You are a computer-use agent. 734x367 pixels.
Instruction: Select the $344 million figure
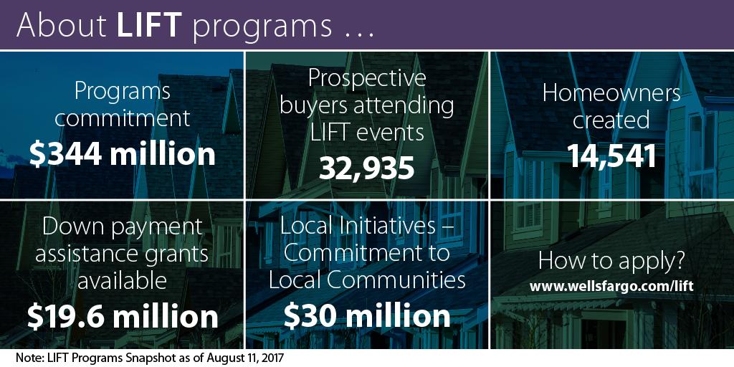[122, 155]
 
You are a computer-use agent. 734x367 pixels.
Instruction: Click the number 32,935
[367, 168]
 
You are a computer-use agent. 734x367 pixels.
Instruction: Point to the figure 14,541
[612, 156]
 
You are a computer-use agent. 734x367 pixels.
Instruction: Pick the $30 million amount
[367, 316]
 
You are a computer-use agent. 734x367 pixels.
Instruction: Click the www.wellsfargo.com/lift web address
[611, 287]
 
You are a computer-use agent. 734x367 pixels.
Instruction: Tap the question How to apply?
[611, 262]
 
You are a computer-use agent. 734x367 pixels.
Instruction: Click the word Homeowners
[611, 93]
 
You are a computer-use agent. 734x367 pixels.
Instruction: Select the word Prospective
[367, 78]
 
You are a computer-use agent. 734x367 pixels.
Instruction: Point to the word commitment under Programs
[123, 118]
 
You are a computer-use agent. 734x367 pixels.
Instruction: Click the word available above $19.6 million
[122, 280]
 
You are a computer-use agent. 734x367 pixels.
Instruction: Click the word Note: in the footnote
[29, 358]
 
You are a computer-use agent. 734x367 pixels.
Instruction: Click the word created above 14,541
[611, 120]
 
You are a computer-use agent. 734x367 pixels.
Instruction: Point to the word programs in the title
[262, 27]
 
